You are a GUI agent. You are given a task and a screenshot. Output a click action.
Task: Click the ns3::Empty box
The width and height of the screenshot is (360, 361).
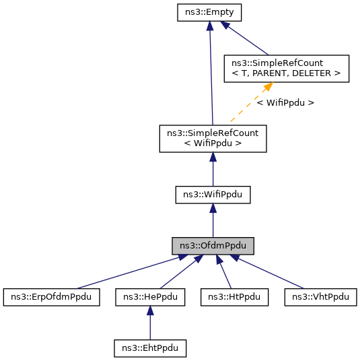[x=210, y=12]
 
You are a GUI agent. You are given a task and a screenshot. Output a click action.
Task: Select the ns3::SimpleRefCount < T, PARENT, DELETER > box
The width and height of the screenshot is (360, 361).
[x=286, y=69]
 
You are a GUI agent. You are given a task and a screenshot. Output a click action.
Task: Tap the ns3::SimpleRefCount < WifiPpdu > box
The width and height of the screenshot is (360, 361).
[x=213, y=137]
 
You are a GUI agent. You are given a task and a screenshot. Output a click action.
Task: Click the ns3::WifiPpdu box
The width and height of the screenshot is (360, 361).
[x=213, y=195]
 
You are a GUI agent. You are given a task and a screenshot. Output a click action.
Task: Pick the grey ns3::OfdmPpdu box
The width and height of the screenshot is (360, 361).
[x=213, y=246]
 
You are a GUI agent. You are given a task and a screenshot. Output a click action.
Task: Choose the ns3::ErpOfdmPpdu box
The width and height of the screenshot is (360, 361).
[x=51, y=296]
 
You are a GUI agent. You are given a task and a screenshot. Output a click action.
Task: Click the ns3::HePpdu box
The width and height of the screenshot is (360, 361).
[x=149, y=296]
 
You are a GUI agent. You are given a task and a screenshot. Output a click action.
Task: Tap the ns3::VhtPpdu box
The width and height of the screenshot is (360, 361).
[x=320, y=296]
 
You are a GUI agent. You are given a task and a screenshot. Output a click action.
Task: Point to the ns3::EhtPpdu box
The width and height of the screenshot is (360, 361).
[x=149, y=348]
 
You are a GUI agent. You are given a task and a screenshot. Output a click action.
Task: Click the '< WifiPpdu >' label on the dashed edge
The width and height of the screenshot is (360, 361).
[x=285, y=103]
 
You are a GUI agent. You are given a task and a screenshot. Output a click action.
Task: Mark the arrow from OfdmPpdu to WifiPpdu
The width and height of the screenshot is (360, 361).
[x=213, y=222]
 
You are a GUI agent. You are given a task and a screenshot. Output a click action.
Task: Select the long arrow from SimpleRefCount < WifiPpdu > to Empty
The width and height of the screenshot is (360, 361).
[x=211, y=74]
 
